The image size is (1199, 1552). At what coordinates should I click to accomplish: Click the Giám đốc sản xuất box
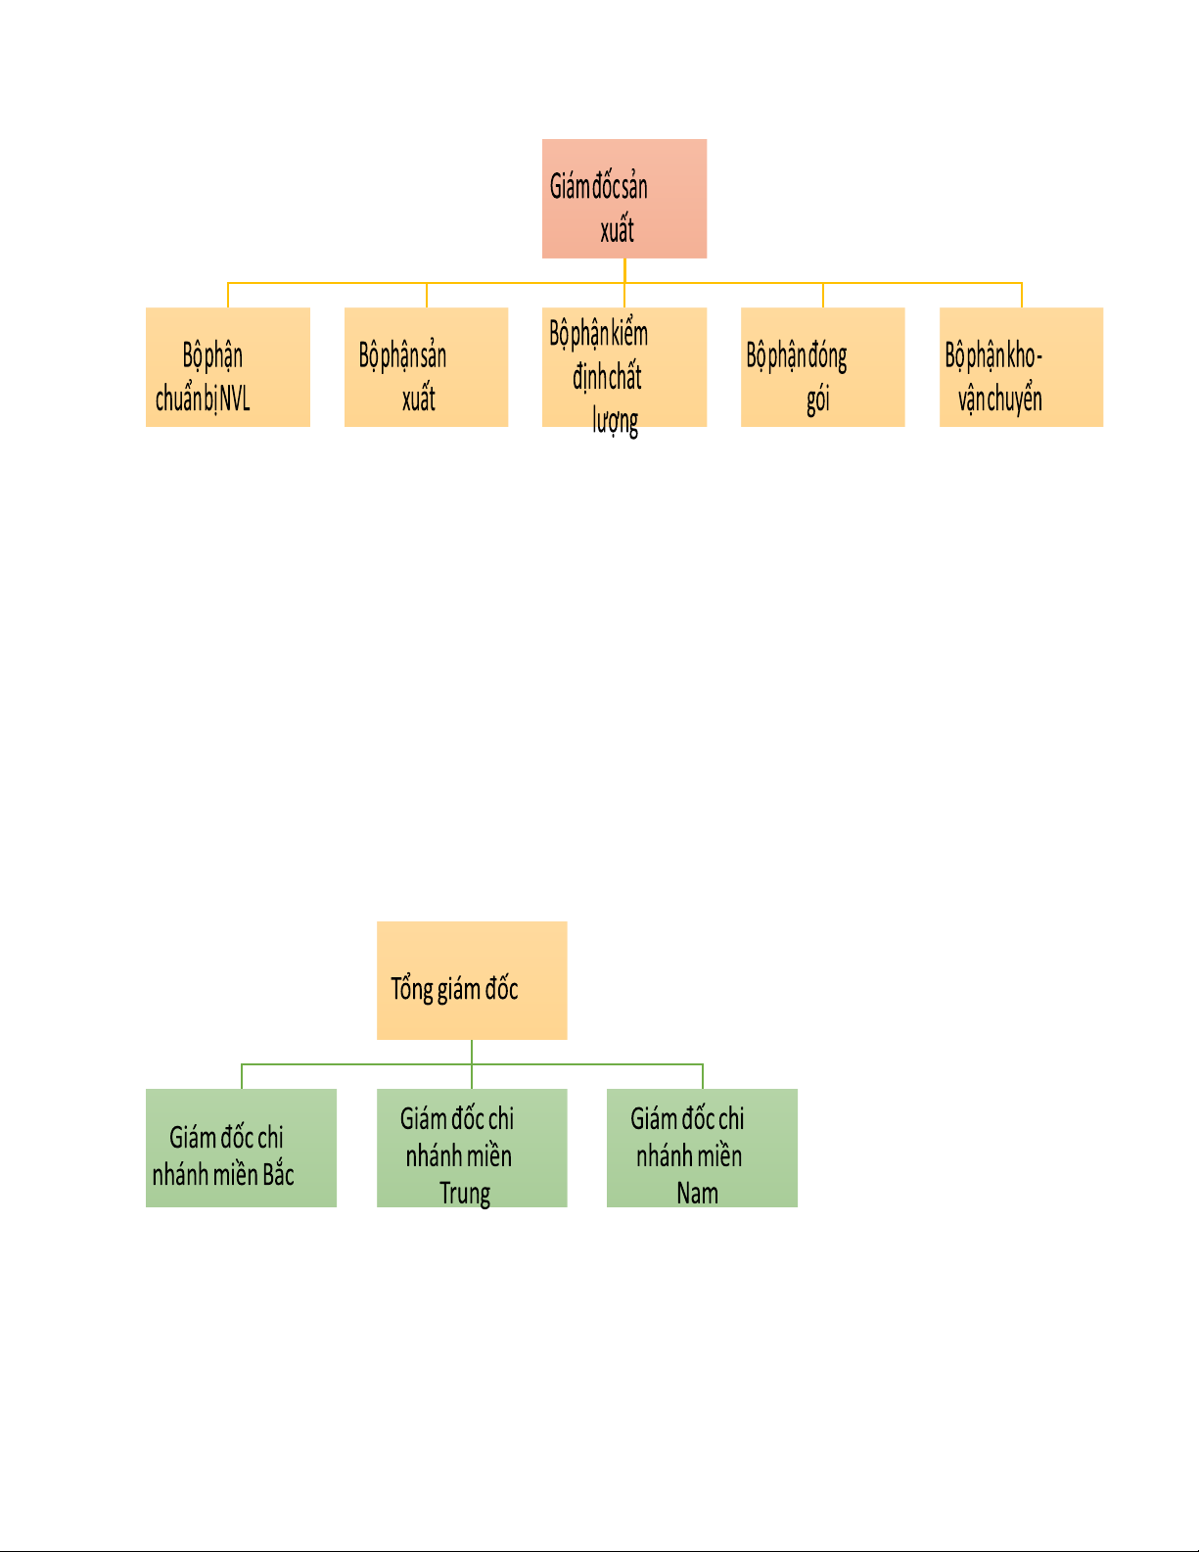[x=624, y=199]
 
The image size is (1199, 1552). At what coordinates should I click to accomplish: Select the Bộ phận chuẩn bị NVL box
[x=228, y=367]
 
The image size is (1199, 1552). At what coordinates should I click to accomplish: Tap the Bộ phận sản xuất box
[x=426, y=367]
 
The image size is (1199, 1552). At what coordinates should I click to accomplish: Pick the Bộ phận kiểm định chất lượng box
[x=624, y=367]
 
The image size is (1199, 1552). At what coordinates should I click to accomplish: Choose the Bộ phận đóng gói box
[x=823, y=367]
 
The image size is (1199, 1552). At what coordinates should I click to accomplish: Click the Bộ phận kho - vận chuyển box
[x=1021, y=367]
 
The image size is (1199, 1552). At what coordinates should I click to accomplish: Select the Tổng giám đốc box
[x=472, y=980]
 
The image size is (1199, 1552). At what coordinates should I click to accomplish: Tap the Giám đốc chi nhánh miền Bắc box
[x=241, y=1149]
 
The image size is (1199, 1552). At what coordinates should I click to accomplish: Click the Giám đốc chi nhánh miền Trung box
[x=472, y=1149]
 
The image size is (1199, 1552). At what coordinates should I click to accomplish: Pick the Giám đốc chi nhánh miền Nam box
[x=703, y=1149]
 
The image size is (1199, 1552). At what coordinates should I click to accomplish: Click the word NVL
[x=235, y=399]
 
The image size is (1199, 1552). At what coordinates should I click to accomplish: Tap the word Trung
[x=465, y=1195]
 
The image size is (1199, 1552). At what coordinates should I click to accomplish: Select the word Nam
[x=697, y=1194]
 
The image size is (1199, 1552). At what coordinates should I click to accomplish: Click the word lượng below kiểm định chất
[x=616, y=421]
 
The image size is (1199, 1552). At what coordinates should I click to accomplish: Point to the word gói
[x=818, y=400]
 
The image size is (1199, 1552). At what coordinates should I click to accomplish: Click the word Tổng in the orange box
[x=412, y=990]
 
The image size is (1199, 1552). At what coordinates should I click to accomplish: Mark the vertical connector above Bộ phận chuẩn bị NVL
[x=228, y=296]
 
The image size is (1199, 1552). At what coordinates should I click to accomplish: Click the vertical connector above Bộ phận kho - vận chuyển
[x=1021, y=296]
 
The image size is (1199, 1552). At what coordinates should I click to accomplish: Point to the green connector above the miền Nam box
[x=703, y=1077]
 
